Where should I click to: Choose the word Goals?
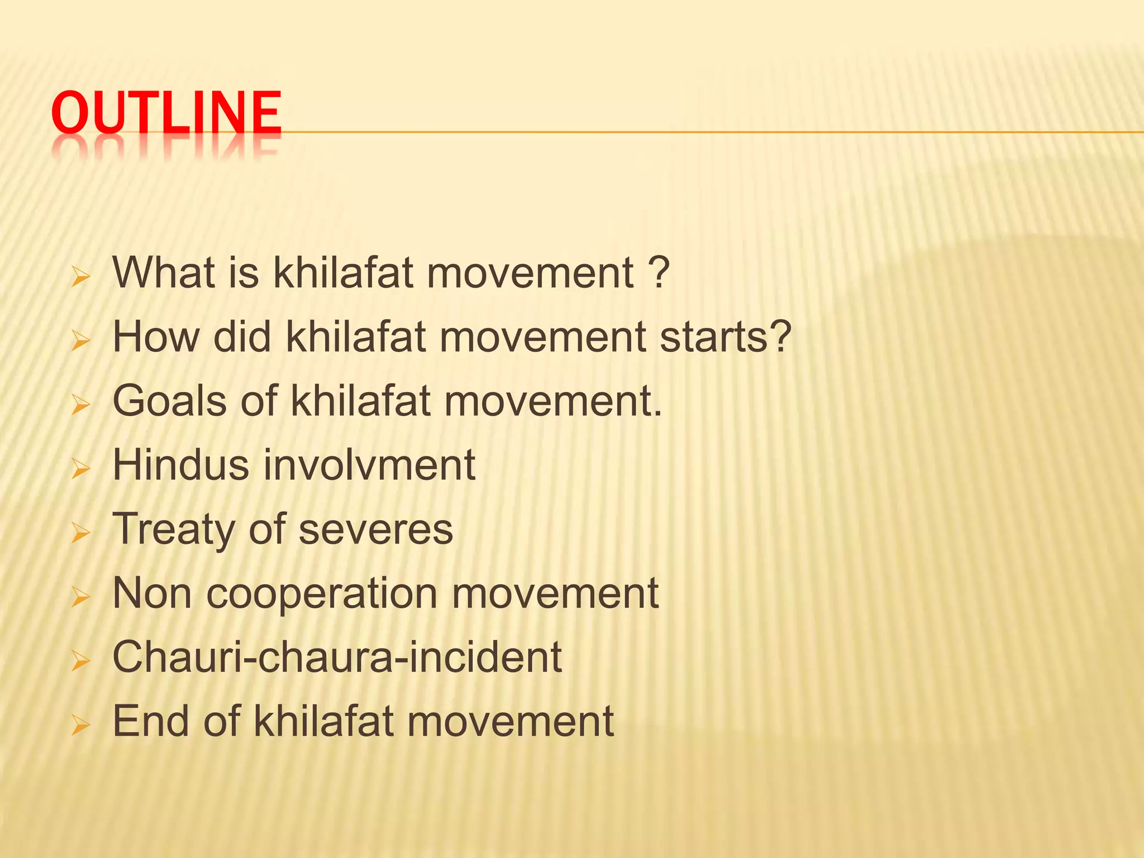point(169,401)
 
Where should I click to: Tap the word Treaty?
point(173,529)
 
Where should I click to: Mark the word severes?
point(375,529)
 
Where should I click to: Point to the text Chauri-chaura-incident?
point(337,657)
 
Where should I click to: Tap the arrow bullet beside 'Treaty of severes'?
point(81,534)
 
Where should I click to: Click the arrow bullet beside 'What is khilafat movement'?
point(81,278)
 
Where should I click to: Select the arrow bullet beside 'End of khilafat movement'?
point(81,726)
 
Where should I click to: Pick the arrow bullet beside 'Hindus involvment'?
point(81,470)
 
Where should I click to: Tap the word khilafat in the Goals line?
point(360,401)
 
